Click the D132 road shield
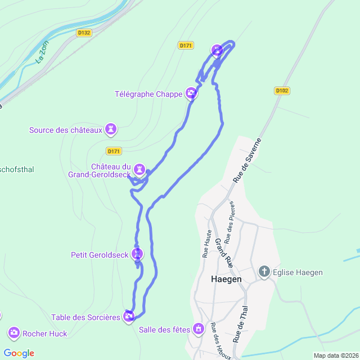[x=84, y=33]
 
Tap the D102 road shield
[x=282, y=90]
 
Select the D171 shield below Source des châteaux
[x=114, y=151]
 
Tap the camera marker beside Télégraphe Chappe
[x=192, y=93]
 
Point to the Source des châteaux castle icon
[x=111, y=130]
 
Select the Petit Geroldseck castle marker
[x=137, y=254]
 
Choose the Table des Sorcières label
[x=86, y=317]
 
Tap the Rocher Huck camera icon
[x=13, y=333]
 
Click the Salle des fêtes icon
[x=198, y=328]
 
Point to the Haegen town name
[x=226, y=279]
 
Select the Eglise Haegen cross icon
[x=264, y=272]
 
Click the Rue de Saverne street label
[x=247, y=160]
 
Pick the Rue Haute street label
[x=207, y=243]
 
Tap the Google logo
[x=19, y=353]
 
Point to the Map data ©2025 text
[x=336, y=355]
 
